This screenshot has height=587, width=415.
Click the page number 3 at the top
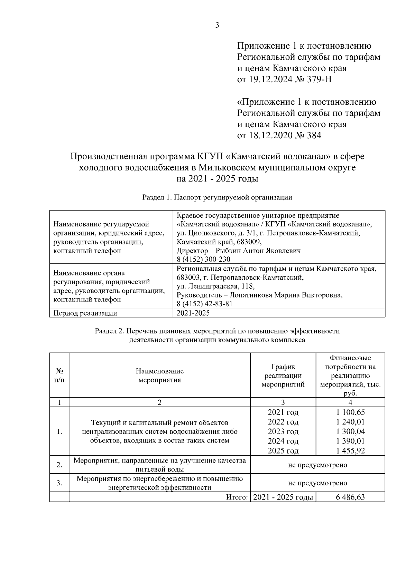[x=217, y=25]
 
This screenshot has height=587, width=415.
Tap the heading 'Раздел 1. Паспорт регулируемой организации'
[x=217, y=197]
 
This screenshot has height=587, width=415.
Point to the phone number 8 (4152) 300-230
[x=203, y=259]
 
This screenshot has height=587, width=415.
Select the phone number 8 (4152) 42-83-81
[x=204, y=304]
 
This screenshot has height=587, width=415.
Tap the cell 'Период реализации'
[x=85, y=313]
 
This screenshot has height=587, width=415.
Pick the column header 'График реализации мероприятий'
[x=283, y=375]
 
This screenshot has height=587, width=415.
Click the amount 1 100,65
[x=350, y=412]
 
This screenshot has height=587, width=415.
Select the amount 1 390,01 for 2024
[x=350, y=441]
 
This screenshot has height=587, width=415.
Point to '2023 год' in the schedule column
[x=283, y=431]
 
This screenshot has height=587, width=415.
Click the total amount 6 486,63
[x=350, y=497]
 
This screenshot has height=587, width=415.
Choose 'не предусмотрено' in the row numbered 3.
[x=317, y=483]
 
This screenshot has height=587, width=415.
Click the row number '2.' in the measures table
[x=59, y=465]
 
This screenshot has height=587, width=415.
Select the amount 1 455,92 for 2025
[x=350, y=450]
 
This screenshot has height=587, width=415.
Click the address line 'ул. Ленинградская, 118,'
[x=215, y=286]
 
